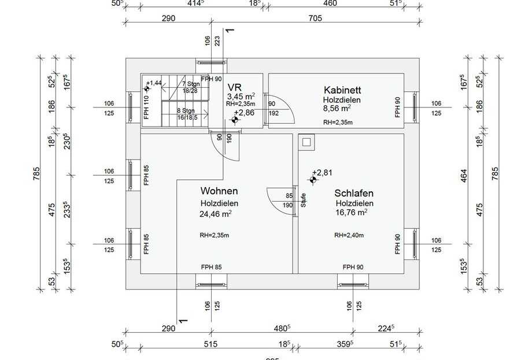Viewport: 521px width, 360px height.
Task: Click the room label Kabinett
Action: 343,90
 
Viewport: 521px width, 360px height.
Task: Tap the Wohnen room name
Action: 219,191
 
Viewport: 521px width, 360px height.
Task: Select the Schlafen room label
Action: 354,194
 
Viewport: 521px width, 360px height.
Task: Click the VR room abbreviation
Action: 234,87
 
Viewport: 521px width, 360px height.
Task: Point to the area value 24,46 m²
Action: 216,214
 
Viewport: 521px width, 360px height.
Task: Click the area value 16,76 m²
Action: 351,213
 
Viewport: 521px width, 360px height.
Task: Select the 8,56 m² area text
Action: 337,108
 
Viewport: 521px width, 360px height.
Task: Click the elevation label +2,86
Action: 245,113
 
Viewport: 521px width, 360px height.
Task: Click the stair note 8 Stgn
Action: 185,110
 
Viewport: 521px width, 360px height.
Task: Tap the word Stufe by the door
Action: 303,201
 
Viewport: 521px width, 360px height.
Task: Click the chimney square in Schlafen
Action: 306,142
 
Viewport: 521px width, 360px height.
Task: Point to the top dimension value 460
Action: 330,3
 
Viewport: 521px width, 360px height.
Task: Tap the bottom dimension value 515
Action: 210,344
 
